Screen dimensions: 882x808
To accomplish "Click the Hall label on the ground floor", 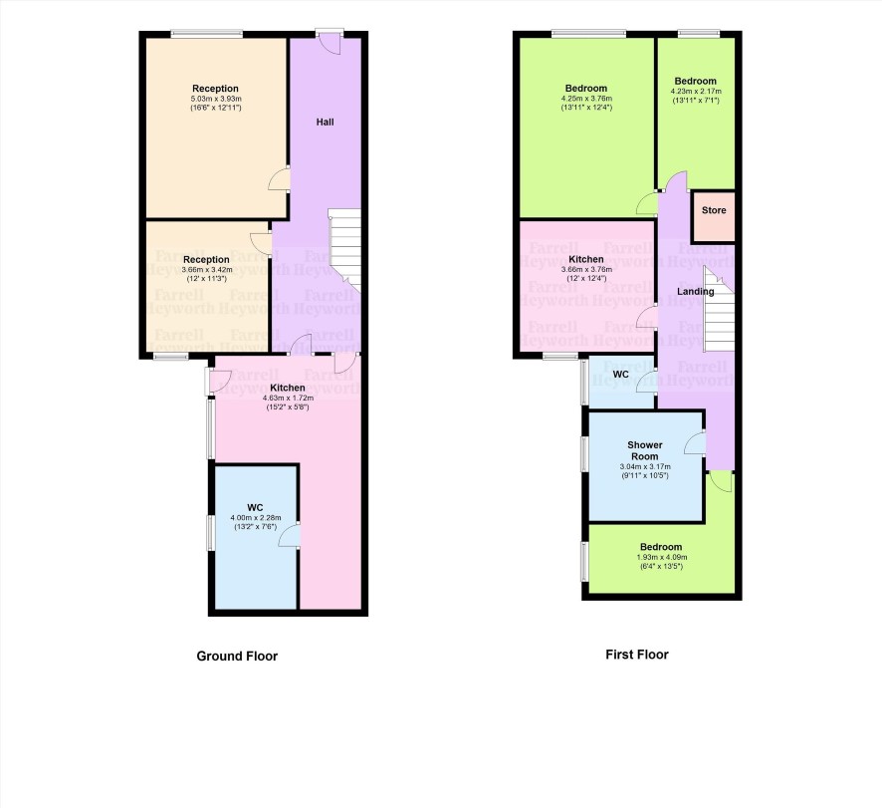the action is tap(325, 122).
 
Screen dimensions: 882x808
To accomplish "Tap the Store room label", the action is tap(714, 210).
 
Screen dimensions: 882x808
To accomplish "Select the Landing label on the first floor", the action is tap(695, 291).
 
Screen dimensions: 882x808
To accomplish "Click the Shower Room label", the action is tap(645, 450).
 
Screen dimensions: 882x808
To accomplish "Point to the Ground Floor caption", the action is tap(237, 656).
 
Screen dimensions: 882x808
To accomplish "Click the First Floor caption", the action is tap(637, 655).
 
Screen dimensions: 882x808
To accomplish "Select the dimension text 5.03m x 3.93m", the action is tap(215, 99).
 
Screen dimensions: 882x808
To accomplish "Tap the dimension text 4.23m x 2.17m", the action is tap(696, 91).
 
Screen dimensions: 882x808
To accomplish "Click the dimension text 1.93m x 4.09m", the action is tap(661, 558).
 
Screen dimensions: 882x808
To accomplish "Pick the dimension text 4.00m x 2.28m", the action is tap(256, 518).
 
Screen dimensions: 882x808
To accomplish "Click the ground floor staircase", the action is tap(344, 248).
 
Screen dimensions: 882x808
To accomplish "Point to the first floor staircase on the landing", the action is tap(719, 310).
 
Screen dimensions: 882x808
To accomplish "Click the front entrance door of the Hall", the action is tap(330, 44).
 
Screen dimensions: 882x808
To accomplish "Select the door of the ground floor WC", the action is tap(289, 535).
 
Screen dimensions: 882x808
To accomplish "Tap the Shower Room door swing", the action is tap(694, 442).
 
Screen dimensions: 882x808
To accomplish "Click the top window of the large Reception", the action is tap(207, 34).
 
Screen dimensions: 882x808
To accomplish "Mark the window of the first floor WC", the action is tap(584, 383).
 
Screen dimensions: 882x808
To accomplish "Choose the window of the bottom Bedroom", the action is tap(584, 561).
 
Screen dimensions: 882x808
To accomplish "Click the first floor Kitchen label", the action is tap(586, 259).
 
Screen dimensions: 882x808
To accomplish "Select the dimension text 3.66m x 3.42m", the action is tap(206, 270).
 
